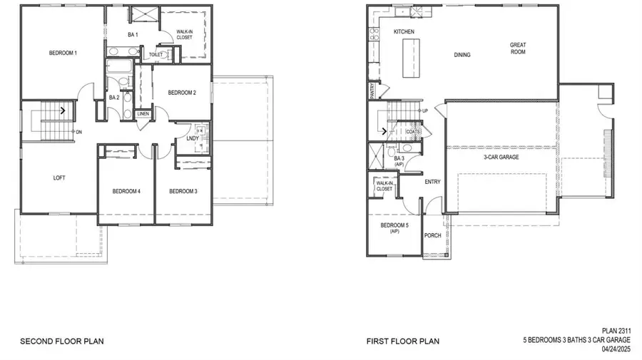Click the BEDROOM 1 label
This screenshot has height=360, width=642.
[63, 53]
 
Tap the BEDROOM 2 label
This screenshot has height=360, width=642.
[182, 92]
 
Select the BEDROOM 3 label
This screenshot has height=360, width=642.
[183, 191]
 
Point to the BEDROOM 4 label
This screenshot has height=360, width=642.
[126, 191]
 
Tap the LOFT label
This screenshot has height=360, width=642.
[59, 178]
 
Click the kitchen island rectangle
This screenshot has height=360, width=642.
[411, 58]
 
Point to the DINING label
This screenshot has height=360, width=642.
[462, 55]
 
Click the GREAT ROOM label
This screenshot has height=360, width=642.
[517, 48]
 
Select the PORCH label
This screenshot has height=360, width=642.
[432, 236]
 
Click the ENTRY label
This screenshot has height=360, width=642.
[432, 182]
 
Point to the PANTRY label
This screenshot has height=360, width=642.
[372, 91]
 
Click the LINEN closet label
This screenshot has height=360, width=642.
[143, 113]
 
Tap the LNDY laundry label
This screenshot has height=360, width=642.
[193, 138]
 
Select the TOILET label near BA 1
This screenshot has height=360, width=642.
[156, 54]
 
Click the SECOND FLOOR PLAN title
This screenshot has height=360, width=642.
[61, 341]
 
